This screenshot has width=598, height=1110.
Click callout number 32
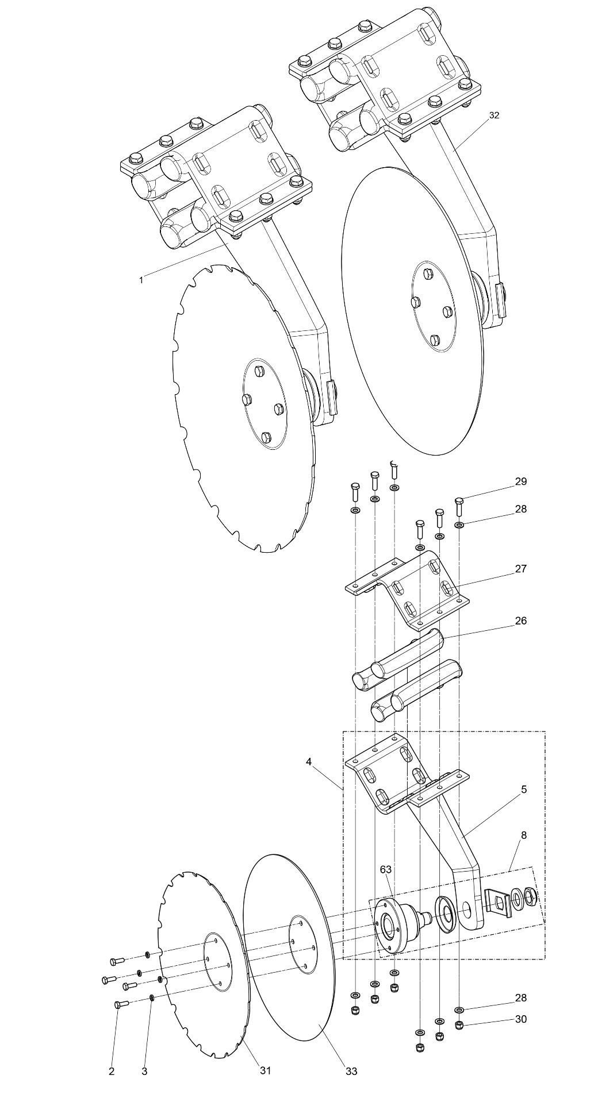click(x=494, y=115)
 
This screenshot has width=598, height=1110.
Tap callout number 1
click(x=140, y=280)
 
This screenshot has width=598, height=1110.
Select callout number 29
click(x=520, y=481)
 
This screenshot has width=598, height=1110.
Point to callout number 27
click(x=520, y=569)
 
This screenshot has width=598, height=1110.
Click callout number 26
click(x=520, y=620)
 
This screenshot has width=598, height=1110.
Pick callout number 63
click(x=386, y=869)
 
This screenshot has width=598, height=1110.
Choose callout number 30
click(x=520, y=1019)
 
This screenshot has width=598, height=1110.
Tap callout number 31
click(x=265, y=1070)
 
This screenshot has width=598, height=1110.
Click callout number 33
click(x=351, y=1071)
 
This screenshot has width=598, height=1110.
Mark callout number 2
click(x=112, y=1071)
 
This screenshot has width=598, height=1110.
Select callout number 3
click(x=144, y=1071)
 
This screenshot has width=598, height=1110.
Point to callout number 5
click(x=524, y=789)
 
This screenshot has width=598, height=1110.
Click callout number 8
click(x=524, y=835)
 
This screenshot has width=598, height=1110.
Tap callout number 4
click(x=309, y=762)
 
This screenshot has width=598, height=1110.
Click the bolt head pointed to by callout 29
click(x=459, y=501)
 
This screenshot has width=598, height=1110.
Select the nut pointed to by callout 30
click(x=459, y=1024)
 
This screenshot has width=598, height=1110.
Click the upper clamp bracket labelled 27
click(x=408, y=586)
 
